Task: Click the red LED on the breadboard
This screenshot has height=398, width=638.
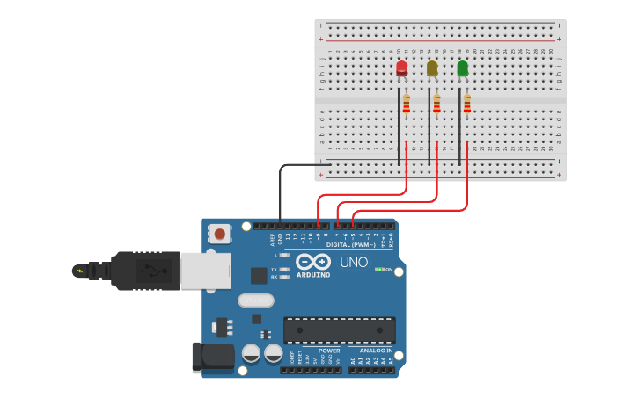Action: [x=401, y=68]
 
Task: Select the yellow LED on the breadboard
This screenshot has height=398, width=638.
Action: [x=432, y=68]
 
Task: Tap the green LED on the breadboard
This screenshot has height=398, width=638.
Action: [x=462, y=68]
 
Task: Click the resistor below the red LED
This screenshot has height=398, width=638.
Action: [x=407, y=105]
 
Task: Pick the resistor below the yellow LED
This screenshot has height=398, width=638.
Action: [x=436, y=105]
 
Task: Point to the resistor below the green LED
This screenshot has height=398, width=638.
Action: [x=466, y=105]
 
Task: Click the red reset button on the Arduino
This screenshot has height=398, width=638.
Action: [x=219, y=233]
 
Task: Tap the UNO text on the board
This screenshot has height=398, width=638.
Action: [x=354, y=262]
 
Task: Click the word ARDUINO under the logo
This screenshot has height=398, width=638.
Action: [x=313, y=275]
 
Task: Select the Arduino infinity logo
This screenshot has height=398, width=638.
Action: [x=313, y=262]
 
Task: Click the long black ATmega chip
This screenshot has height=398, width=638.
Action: [x=339, y=330]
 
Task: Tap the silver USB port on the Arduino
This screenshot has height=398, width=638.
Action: [x=205, y=271]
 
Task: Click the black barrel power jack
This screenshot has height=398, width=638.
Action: [x=211, y=357]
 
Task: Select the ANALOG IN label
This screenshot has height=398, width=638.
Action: [x=376, y=351]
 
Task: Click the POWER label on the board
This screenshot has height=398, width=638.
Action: [x=329, y=351]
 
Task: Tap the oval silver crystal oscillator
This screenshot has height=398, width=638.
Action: [x=255, y=300]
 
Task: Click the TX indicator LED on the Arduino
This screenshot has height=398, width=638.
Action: [x=284, y=269]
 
